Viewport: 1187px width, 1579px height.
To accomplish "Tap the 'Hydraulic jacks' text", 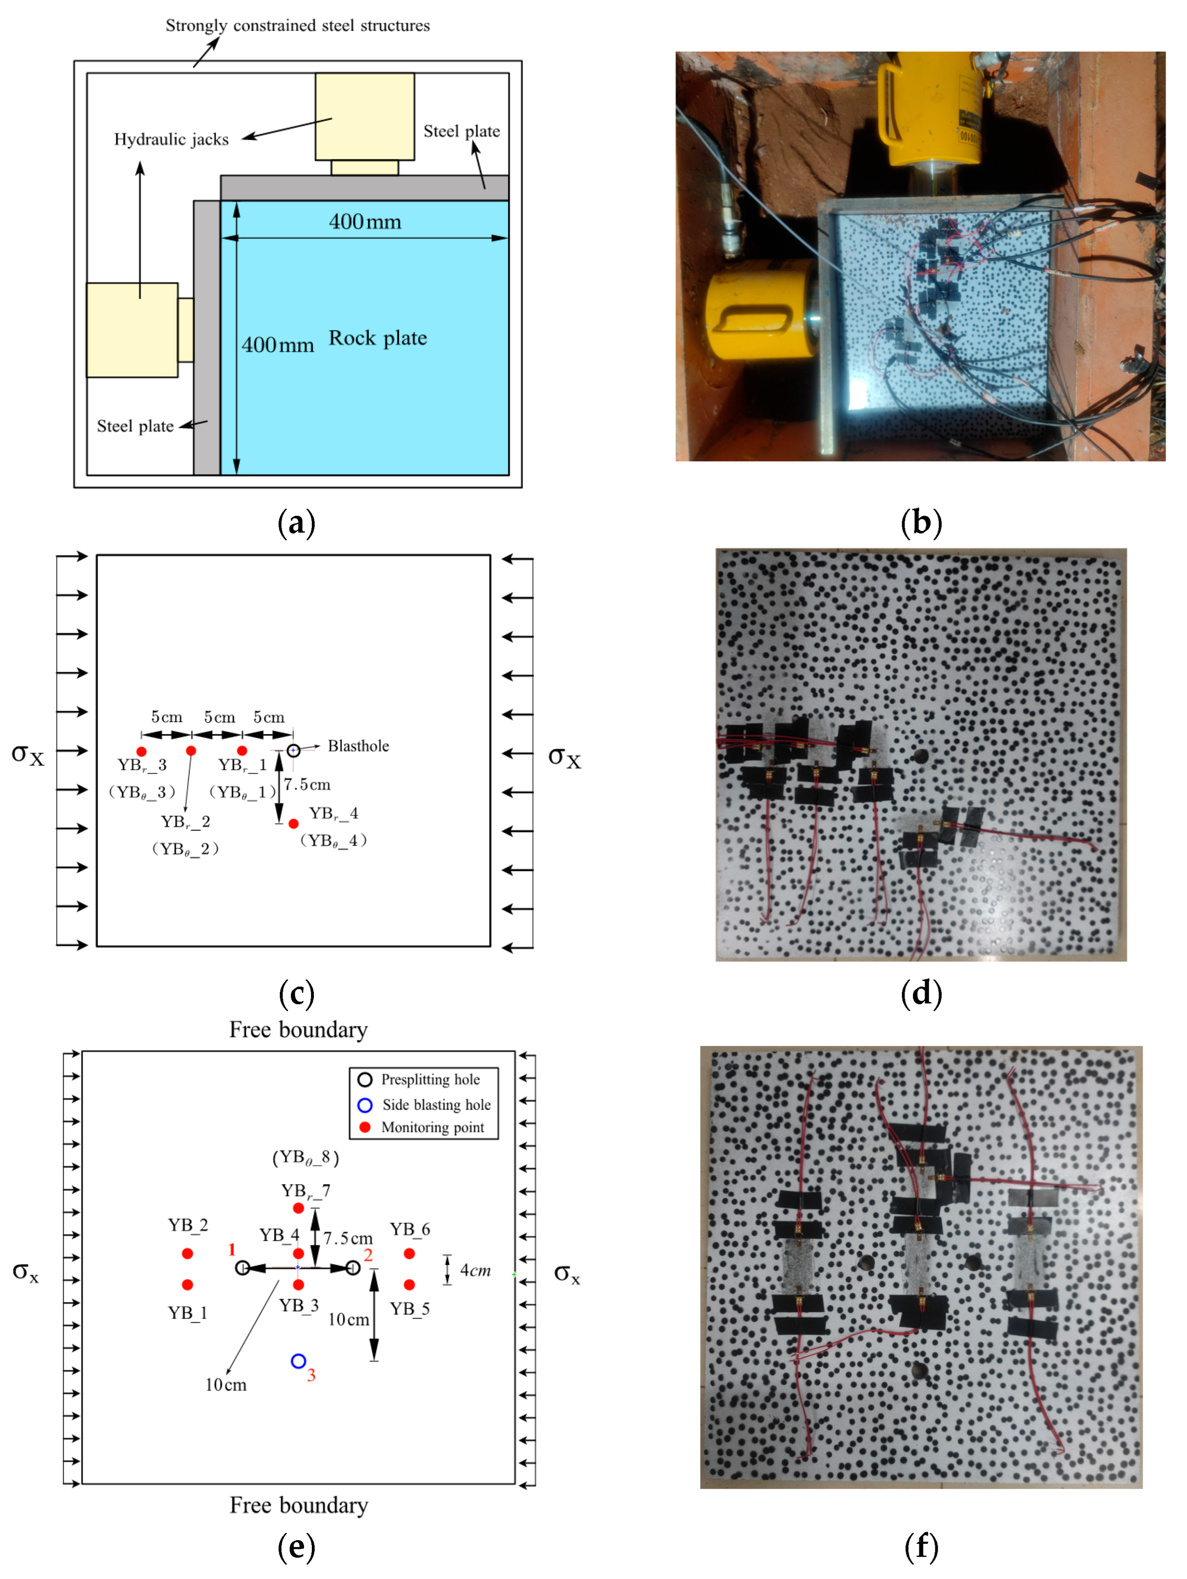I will pyautogui.click(x=172, y=139).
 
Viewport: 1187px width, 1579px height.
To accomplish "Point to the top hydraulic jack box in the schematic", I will pyautogui.click(x=364, y=116).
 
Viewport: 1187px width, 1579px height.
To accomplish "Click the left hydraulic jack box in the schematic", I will pyautogui.click(x=132, y=330).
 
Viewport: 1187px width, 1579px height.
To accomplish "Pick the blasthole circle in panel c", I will pyautogui.click(x=293, y=750).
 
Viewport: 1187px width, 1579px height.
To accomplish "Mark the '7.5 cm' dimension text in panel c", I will pyautogui.click(x=307, y=785).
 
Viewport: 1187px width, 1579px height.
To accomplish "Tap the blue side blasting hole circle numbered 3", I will pyautogui.click(x=299, y=1361).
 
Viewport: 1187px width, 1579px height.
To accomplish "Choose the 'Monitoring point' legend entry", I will pyautogui.click(x=432, y=1127).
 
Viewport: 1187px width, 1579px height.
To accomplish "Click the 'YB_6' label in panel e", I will pyautogui.click(x=410, y=1229).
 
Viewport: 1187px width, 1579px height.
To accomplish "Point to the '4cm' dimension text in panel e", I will pyautogui.click(x=475, y=1270).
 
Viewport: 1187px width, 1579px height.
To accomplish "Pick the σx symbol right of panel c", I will pyautogui.click(x=564, y=757).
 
